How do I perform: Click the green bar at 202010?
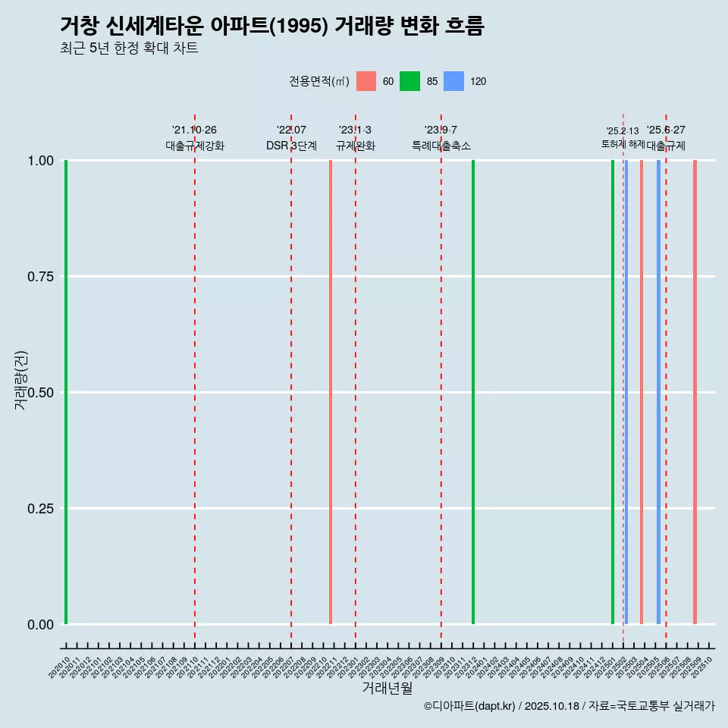pyautogui.click(x=66, y=392)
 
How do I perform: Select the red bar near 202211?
pyautogui.click(x=331, y=392)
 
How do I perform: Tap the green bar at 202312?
pyautogui.click(x=473, y=392)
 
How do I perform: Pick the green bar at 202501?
pyautogui.click(x=613, y=392)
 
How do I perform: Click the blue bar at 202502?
pyautogui.click(x=626, y=392)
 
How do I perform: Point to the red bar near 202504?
pyautogui.click(x=642, y=392)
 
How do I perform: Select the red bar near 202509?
pyautogui.click(x=695, y=392)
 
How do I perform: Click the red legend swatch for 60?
pyautogui.click(x=366, y=81)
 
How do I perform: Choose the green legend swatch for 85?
pyautogui.click(x=409, y=81)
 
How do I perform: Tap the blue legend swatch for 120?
pyautogui.click(x=453, y=81)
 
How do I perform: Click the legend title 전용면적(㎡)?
pyautogui.click(x=318, y=82)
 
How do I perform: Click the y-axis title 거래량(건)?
pyautogui.click(x=20, y=380)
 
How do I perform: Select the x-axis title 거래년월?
pyautogui.click(x=387, y=688)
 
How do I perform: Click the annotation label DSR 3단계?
pyautogui.click(x=291, y=146)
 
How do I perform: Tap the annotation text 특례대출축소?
pyautogui.click(x=441, y=146)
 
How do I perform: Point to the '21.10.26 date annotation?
pyautogui.click(x=194, y=130)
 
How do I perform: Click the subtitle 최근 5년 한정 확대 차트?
pyautogui.click(x=129, y=49)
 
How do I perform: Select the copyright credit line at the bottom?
pyautogui.click(x=569, y=706)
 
